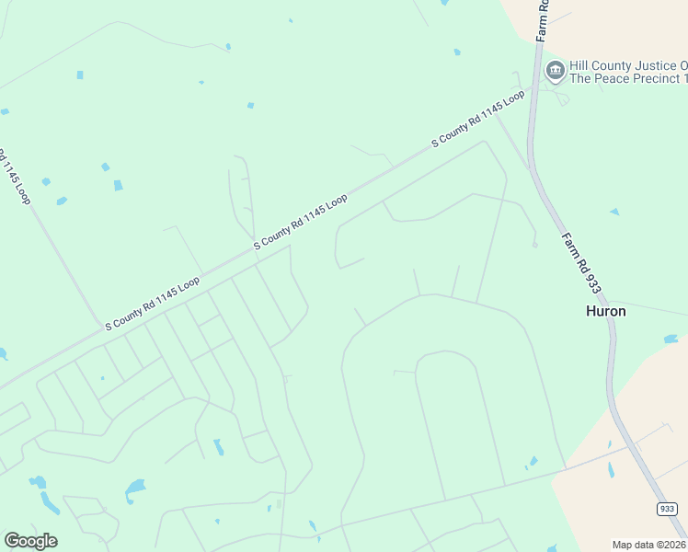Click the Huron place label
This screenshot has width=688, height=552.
click(x=605, y=311)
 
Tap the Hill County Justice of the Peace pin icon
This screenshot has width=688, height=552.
click(x=555, y=71)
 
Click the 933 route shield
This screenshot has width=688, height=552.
click(x=668, y=509)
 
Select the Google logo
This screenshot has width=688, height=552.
click(x=30, y=540)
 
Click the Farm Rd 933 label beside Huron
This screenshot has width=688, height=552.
click(x=581, y=262)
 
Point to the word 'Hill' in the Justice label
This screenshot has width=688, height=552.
click(x=580, y=65)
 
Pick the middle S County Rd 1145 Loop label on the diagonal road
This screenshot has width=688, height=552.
click(x=301, y=222)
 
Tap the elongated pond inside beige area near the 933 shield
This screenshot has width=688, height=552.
click(x=611, y=470)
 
